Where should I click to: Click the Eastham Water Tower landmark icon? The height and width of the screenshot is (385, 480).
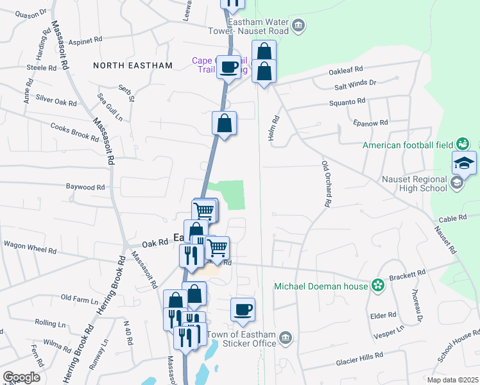tap(298, 26)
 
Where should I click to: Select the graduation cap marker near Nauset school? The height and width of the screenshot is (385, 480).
tap(464, 164)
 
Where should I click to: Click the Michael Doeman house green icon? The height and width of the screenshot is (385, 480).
tap(378, 285)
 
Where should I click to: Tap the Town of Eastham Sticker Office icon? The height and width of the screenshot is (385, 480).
tap(286, 338)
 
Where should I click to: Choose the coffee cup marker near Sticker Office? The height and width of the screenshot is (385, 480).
tap(243, 311)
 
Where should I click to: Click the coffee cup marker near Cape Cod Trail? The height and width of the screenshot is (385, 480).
tap(228, 67)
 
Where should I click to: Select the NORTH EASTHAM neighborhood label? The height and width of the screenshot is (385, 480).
tap(133, 65)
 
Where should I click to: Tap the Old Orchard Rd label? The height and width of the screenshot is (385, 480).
tap(326, 183)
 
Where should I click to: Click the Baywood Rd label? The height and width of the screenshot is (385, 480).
tap(85, 187)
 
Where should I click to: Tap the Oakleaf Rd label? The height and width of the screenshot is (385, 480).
tap(346, 69)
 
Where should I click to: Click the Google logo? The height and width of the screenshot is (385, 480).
tap(21, 377)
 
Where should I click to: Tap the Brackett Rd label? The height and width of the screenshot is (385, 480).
tap(411, 273)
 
